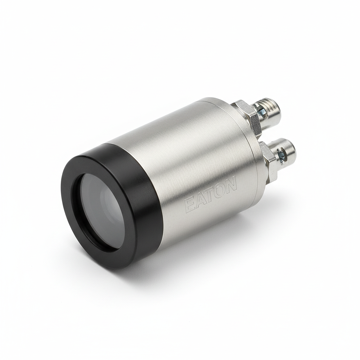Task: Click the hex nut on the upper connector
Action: coord(246,114)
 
